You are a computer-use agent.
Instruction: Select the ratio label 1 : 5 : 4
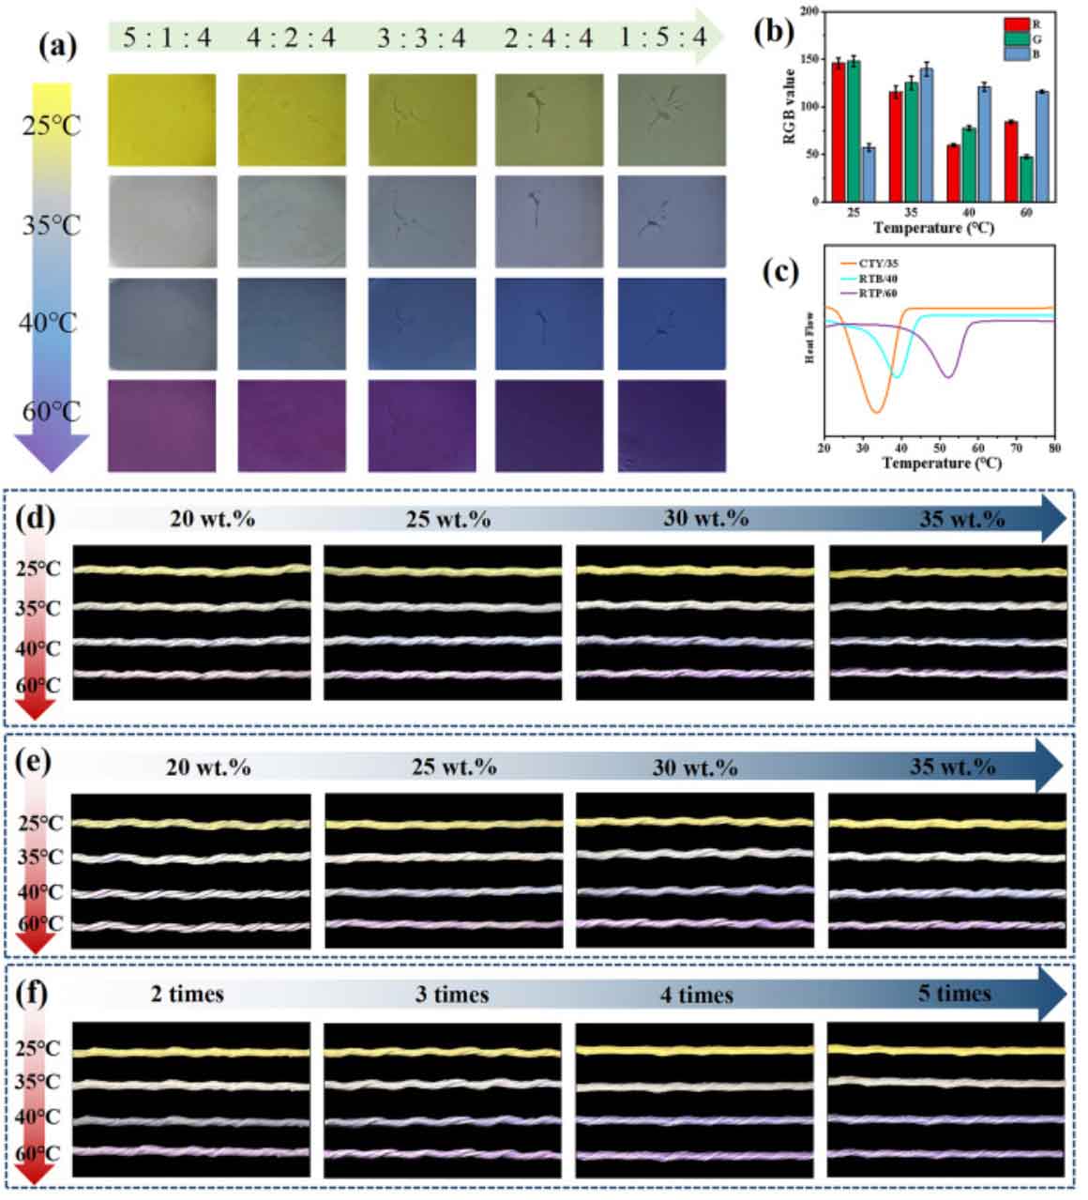pos(663,38)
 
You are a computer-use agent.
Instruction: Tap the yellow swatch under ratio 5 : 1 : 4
pos(161,120)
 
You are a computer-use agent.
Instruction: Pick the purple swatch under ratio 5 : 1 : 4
pos(161,425)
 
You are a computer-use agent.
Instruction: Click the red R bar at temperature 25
pos(839,131)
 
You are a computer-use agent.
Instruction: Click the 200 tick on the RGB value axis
pos(809,11)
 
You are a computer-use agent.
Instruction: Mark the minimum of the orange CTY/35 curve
pos(875,411)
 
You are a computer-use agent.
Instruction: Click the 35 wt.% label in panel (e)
pos(952,767)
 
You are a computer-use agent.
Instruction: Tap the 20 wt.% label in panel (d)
pos(212,517)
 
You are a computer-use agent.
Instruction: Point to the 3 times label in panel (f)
pos(452,994)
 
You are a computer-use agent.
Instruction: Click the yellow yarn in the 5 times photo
pos(946,1049)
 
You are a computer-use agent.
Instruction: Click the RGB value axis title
pos(789,105)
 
